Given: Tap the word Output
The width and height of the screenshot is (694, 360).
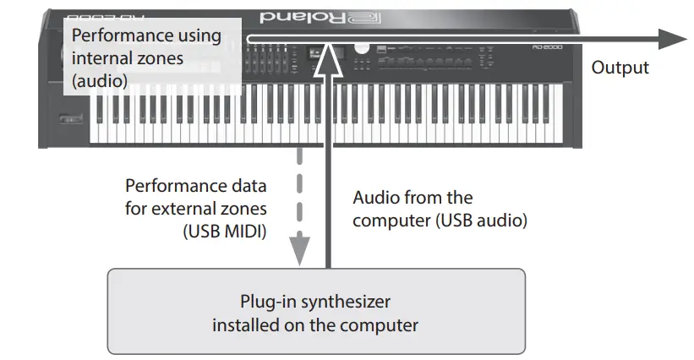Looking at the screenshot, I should point(620,68).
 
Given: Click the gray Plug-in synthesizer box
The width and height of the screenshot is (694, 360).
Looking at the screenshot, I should point(315,310).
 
